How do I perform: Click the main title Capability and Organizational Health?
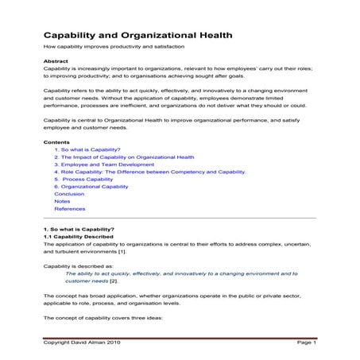[137, 35]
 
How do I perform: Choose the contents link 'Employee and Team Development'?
[104, 165]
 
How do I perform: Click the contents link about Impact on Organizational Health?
[124, 157]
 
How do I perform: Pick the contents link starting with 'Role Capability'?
[149, 172]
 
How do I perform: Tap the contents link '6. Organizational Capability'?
[91, 187]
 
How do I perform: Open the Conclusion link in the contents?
[69, 194]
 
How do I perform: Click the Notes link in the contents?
[62, 201]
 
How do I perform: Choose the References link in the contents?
[69, 209]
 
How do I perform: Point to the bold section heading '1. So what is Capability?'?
[79, 230]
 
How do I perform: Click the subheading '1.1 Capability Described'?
[79, 237]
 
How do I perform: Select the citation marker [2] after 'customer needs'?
[114, 281]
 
